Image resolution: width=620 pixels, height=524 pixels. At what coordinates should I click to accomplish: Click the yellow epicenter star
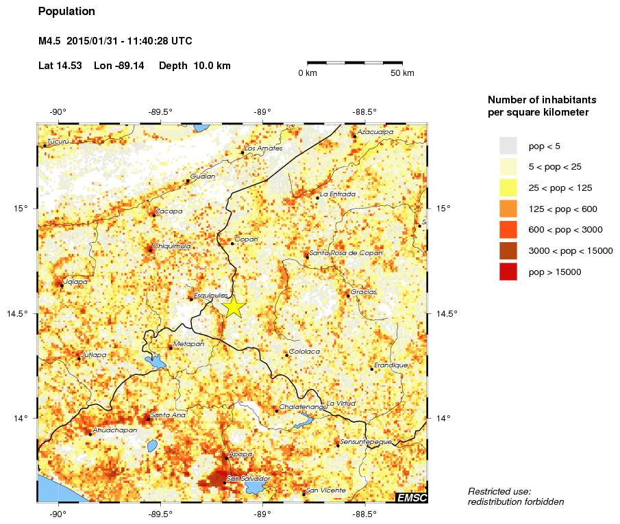234,306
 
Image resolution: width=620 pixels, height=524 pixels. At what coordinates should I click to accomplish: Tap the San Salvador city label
248,478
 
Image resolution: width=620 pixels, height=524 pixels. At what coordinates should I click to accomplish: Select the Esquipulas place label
210,296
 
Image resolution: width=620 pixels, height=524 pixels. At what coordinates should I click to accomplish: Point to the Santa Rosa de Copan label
346,253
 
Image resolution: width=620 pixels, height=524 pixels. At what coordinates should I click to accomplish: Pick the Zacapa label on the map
169,211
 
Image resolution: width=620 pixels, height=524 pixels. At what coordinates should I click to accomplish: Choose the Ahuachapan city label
115,430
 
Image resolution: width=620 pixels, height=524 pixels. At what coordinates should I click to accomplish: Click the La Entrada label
338,194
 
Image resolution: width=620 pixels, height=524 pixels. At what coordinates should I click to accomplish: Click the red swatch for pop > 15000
508,272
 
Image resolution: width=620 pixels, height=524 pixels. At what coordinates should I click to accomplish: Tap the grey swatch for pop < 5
508,146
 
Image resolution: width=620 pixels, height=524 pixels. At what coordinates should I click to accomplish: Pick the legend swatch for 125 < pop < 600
508,209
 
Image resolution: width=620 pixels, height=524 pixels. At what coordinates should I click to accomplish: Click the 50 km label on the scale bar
402,73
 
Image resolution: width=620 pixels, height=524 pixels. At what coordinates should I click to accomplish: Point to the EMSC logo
411,497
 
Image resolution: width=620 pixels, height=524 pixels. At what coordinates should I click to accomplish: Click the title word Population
67,12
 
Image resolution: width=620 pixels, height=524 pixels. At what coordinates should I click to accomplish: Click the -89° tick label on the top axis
262,112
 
